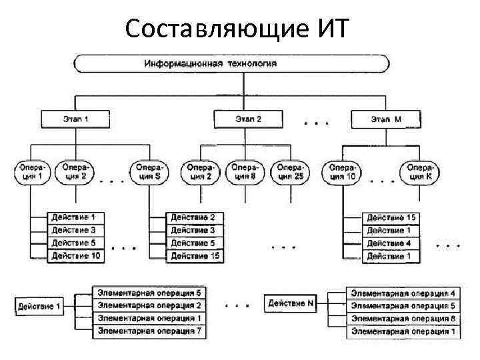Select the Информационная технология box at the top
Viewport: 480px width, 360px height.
[x=231, y=64]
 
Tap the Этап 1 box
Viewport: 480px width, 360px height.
[x=77, y=120]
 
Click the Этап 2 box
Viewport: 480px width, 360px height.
[x=248, y=120]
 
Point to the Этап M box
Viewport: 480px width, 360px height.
[x=386, y=120]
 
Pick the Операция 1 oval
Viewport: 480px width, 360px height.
[x=31, y=172]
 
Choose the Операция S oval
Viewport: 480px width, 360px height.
[x=149, y=172]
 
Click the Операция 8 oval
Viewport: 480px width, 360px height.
[x=244, y=172]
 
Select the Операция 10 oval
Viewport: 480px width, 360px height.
[x=342, y=172]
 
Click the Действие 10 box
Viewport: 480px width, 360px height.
[x=76, y=256]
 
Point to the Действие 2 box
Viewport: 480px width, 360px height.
[x=195, y=218]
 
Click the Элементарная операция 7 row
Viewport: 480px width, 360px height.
[x=149, y=331]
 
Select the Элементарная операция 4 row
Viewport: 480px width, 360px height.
[x=403, y=293]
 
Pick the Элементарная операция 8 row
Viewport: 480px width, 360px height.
[x=403, y=319]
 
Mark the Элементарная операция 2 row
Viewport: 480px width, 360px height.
[x=149, y=305]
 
